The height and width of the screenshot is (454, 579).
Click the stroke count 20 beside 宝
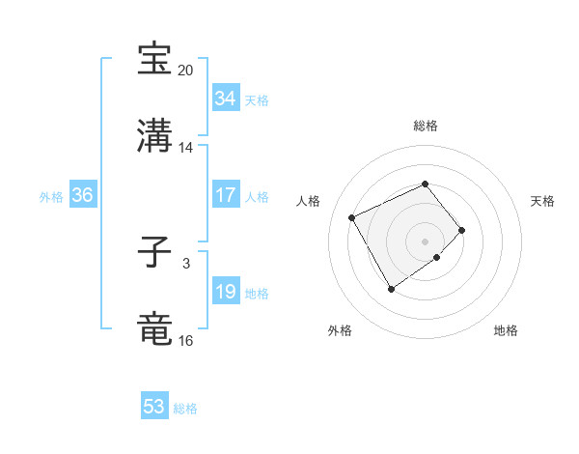pyautogui.click(x=186, y=71)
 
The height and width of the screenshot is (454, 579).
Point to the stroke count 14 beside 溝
pyautogui.click(x=186, y=148)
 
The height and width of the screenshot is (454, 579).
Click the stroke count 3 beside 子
pyautogui.click(x=186, y=263)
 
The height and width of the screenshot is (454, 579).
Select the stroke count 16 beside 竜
pyautogui.click(x=186, y=341)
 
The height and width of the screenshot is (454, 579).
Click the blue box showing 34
pyautogui.click(x=225, y=99)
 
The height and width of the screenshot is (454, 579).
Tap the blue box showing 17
pyautogui.click(x=225, y=195)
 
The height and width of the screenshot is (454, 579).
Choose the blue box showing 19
pyautogui.click(x=225, y=292)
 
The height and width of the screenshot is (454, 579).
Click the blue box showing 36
pyautogui.click(x=82, y=195)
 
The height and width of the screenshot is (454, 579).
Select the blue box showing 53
pyautogui.click(x=154, y=407)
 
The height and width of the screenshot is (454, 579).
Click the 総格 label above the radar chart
pyautogui.click(x=425, y=126)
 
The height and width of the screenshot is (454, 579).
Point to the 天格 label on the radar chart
pyautogui.click(x=542, y=201)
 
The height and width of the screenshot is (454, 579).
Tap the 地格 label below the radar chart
pyautogui.click(x=506, y=331)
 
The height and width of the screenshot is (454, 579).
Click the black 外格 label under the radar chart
pyautogui.click(x=340, y=331)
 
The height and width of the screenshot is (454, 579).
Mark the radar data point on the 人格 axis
pyautogui.click(x=352, y=216)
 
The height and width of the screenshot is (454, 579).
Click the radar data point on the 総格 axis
pyautogui.click(x=425, y=184)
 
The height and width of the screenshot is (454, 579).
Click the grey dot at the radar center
pyautogui.click(x=425, y=240)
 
